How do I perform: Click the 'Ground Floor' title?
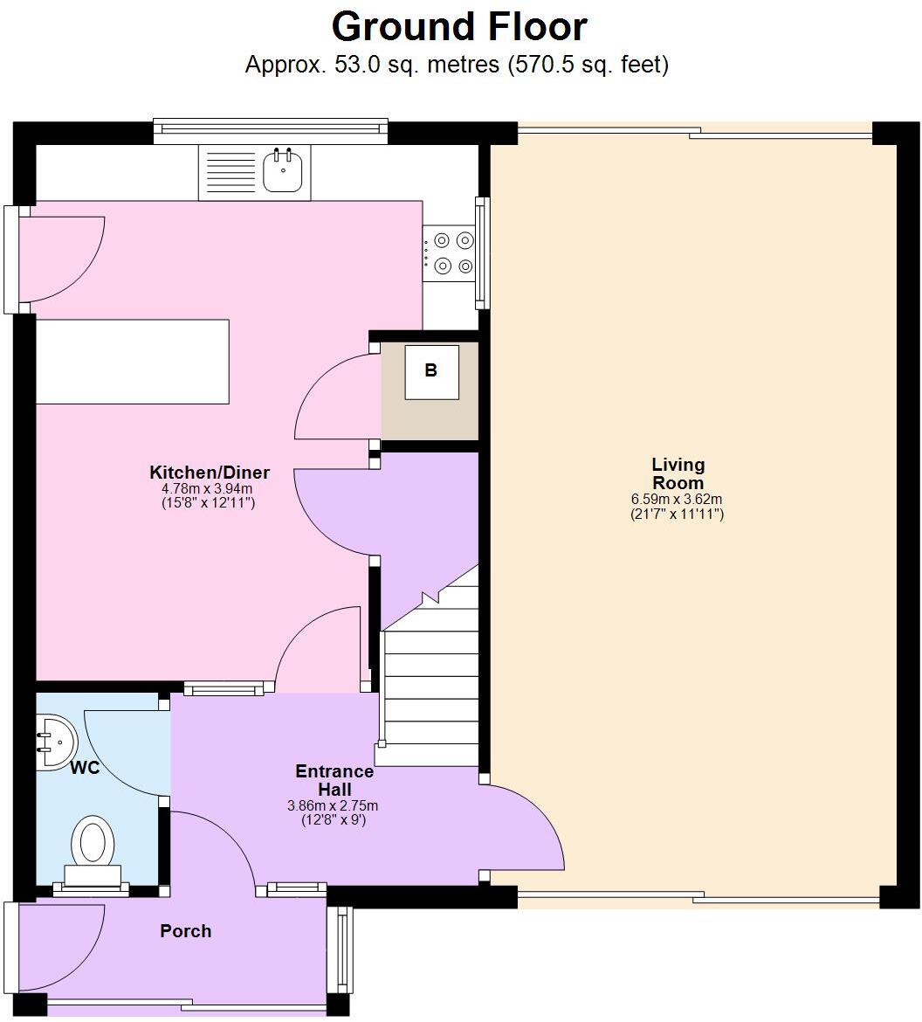(x=459, y=27)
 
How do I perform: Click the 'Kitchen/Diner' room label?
(x=210, y=473)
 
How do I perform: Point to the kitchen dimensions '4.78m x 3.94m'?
(x=208, y=489)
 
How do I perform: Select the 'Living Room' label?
(x=678, y=473)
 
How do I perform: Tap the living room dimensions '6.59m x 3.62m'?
(x=677, y=500)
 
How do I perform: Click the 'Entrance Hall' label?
(x=334, y=780)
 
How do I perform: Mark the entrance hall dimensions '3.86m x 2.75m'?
(x=334, y=805)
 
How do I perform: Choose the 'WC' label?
(x=85, y=769)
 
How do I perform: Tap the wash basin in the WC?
(x=56, y=742)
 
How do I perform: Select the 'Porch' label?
(x=185, y=931)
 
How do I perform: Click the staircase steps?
(x=430, y=681)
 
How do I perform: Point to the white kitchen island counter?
(x=132, y=362)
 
